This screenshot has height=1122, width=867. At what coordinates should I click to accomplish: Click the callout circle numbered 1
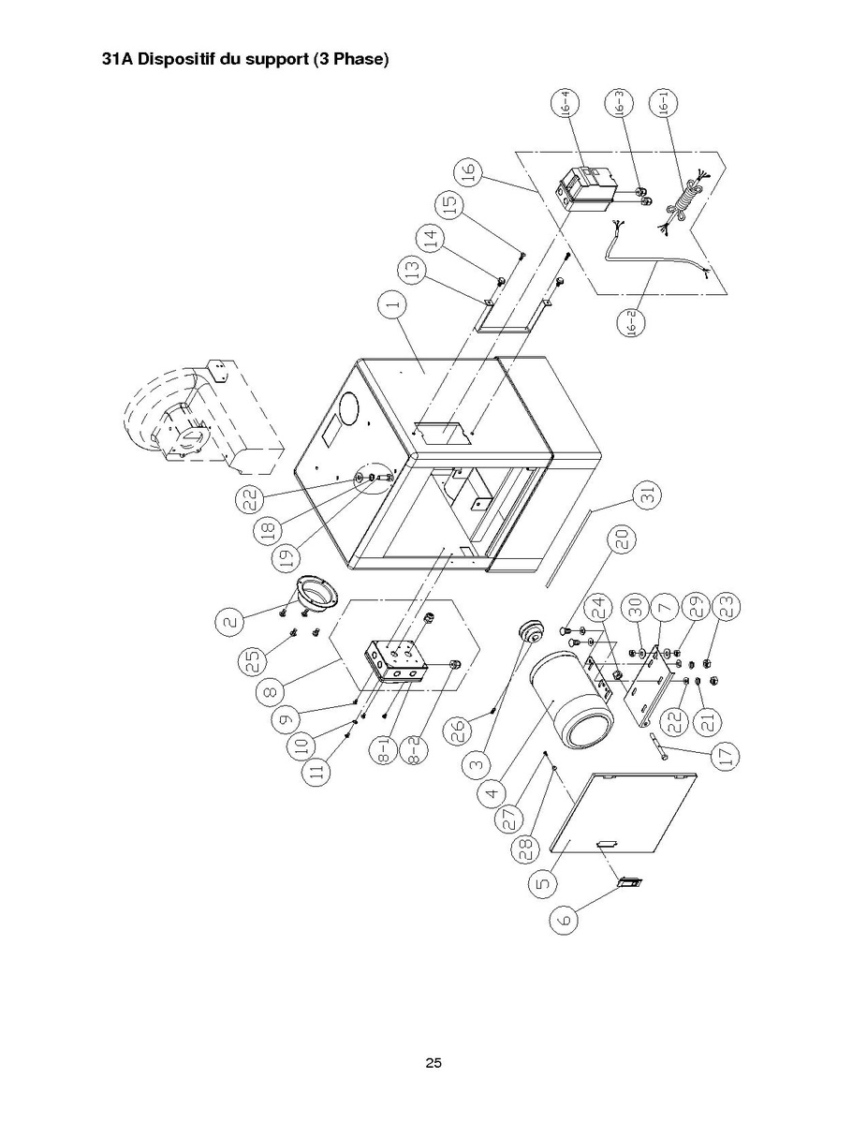392,304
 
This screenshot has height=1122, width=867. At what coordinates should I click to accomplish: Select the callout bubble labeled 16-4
566,105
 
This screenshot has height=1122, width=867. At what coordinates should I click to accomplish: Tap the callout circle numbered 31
647,495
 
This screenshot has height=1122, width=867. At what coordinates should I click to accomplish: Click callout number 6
565,918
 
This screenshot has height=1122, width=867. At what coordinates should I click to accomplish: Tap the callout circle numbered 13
414,270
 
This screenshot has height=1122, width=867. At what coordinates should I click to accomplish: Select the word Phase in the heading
362,59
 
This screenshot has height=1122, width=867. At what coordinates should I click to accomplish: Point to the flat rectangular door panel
623,813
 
